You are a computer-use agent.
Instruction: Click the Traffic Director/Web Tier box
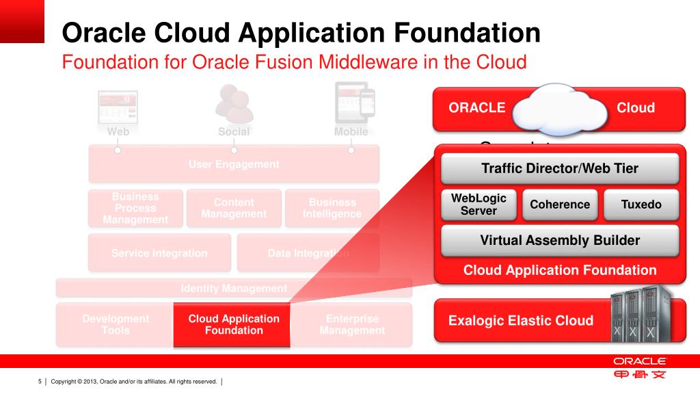[559, 168]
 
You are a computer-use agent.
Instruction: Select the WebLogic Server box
[479, 205]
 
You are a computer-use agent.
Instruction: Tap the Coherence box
[560, 205]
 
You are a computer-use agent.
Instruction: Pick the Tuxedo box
[641, 205]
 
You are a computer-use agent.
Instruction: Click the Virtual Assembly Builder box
[559, 240]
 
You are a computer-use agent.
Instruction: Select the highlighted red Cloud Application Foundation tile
[234, 325]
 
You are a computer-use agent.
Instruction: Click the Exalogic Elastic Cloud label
[521, 321]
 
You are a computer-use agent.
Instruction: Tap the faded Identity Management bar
[234, 289]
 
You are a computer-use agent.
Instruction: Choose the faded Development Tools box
[115, 325]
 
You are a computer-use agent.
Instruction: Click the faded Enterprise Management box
[352, 325]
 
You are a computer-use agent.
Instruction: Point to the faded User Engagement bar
[234, 164]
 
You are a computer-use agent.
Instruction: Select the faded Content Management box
[234, 208]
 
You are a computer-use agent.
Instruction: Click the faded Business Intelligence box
[332, 208]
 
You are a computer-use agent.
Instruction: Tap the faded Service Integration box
[159, 253]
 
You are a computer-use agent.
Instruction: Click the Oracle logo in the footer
[639, 361]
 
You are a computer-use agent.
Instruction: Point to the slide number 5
[40, 381]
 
